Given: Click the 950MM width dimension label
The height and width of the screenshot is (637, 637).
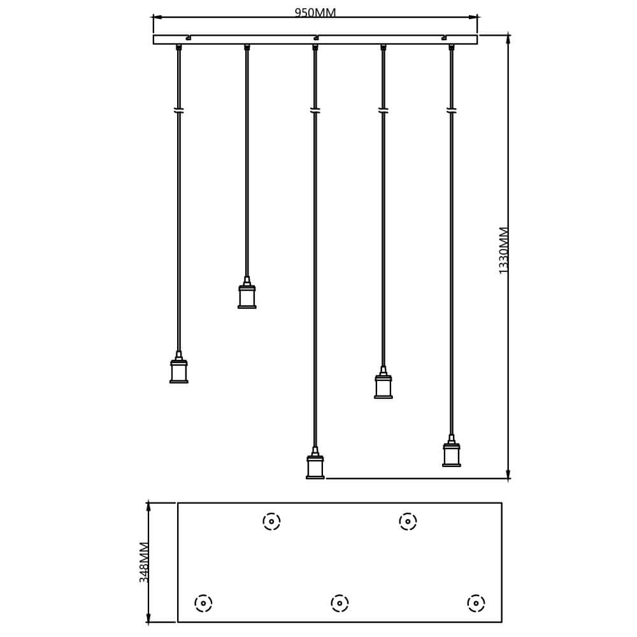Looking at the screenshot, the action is [x=315, y=13].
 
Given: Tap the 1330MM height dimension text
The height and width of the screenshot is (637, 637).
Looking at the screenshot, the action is [x=503, y=250].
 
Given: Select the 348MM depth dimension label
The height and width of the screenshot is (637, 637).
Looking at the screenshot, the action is [x=144, y=562].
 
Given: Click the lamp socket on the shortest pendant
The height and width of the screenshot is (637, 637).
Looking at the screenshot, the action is [x=247, y=292].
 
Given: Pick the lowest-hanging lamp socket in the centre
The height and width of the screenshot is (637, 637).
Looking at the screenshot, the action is [x=315, y=463].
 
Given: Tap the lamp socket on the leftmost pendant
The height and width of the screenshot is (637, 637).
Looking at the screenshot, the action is [x=179, y=368].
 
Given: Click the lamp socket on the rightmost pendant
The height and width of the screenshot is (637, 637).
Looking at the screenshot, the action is [x=452, y=451].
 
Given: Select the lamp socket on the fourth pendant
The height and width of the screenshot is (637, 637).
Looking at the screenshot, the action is [x=383, y=383].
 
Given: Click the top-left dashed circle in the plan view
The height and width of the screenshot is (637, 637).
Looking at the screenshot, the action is [x=271, y=521].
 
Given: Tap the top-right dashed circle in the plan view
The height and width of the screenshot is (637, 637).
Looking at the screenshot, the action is [x=408, y=521].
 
